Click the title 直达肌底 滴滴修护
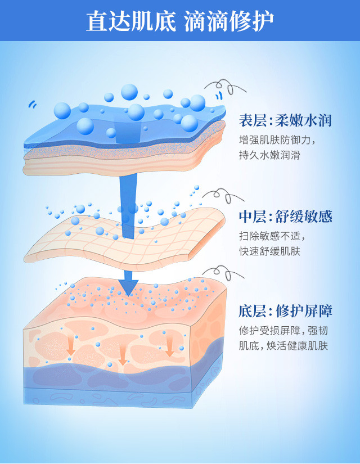[x=180, y=21]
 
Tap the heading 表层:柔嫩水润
[x=285, y=120]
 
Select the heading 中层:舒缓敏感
[x=285, y=217]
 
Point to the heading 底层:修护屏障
[x=285, y=311]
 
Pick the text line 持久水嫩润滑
[x=269, y=155]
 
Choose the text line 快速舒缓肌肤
[x=269, y=251]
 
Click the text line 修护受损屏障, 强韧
[x=285, y=331]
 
